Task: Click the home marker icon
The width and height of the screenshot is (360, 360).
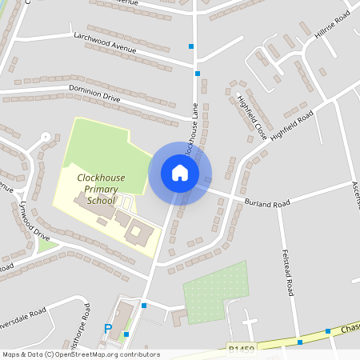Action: point(180,173)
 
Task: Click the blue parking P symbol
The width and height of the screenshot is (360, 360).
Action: point(108,328)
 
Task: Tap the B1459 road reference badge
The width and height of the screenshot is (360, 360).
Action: point(240,350)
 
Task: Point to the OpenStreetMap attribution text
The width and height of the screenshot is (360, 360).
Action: point(80,354)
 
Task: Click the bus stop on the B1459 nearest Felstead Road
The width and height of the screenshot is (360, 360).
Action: point(299,342)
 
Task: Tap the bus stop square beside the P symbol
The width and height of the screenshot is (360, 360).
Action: point(126,334)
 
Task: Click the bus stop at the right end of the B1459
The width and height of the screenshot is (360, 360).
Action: point(328,330)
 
